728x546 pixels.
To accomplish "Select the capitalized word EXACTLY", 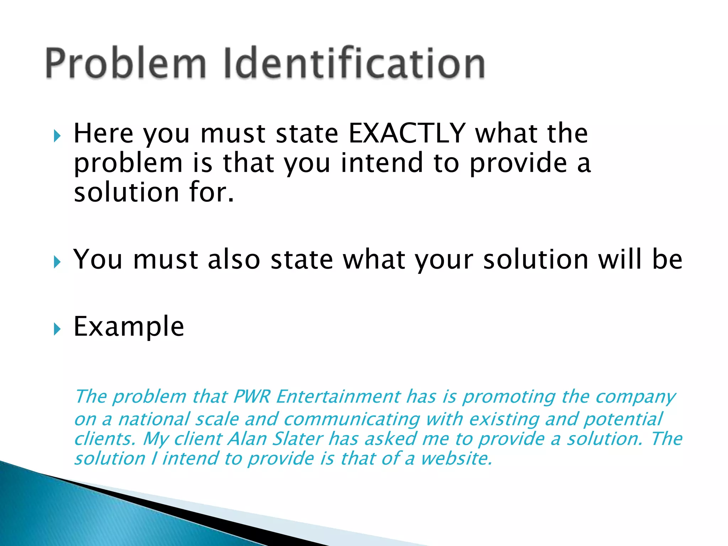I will coord(407,133).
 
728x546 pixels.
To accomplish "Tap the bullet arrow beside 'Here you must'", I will coord(57,136).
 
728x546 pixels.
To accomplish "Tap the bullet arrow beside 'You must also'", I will coord(57,262).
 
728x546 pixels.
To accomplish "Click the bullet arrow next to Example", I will coord(57,329).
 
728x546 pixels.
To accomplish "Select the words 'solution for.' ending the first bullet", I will coord(154,192).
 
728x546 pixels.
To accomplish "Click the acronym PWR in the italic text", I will coord(252,396).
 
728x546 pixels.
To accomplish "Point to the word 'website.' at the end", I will coord(456,458).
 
